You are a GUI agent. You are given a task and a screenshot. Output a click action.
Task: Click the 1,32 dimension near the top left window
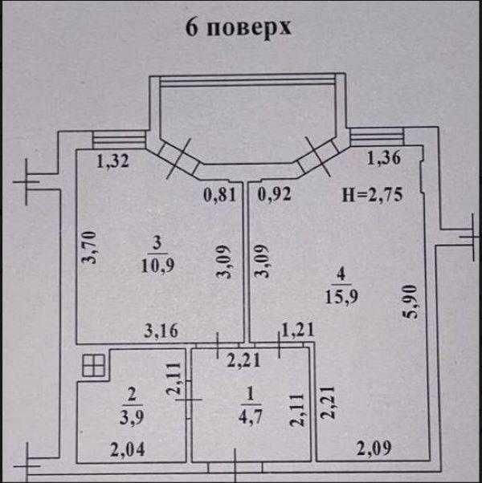(113, 161)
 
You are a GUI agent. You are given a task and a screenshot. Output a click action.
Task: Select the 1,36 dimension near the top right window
(382, 159)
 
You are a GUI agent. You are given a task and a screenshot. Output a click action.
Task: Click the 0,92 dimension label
(275, 193)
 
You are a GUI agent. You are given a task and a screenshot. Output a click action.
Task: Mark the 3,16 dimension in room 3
(161, 328)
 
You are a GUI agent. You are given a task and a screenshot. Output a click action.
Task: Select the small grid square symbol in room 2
(93, 367)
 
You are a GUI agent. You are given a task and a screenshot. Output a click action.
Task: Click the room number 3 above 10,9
(158, 241)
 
